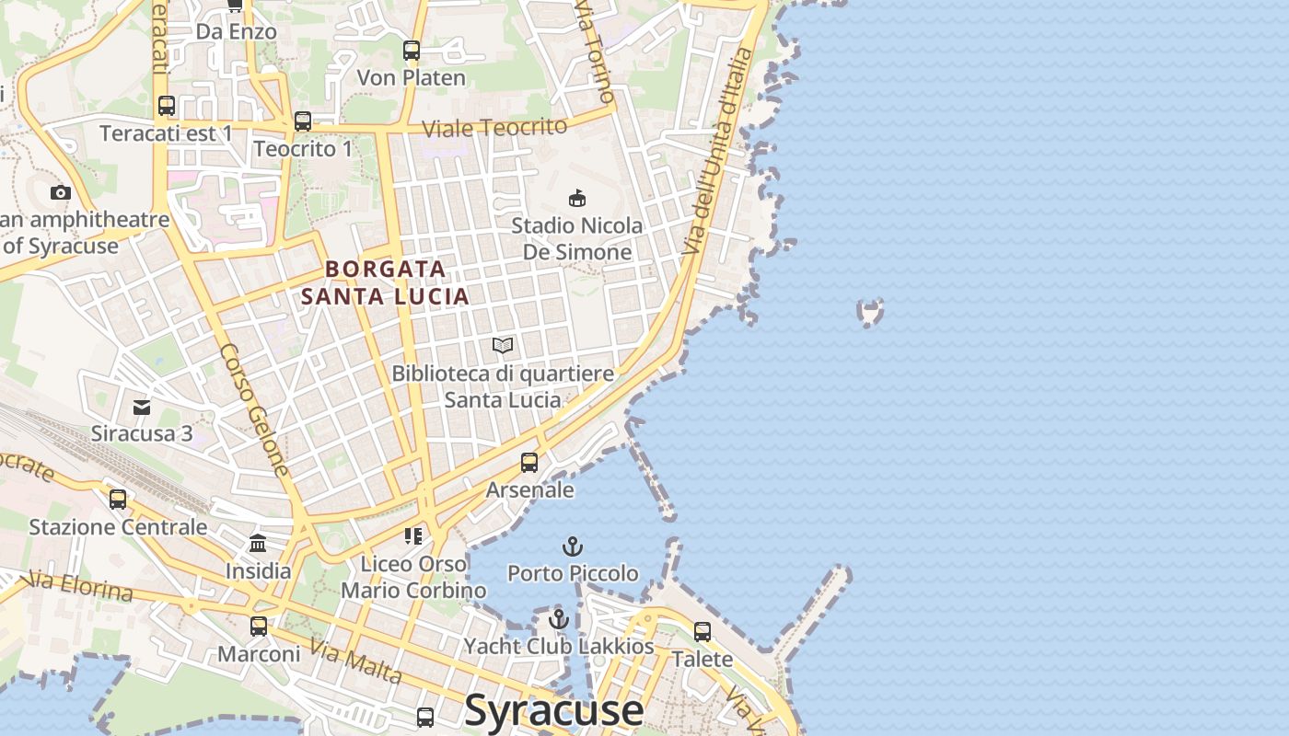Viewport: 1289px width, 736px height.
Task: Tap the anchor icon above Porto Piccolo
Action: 573,547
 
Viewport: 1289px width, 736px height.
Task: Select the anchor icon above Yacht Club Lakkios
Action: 558,619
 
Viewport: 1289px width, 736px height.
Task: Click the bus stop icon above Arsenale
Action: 529,463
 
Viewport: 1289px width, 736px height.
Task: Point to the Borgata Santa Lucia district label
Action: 386,282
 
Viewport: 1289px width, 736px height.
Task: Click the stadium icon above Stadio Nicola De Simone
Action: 577,198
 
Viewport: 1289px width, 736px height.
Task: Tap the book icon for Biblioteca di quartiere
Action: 503,346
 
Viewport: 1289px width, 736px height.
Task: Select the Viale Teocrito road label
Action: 494,128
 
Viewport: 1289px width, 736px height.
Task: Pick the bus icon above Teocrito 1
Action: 303,121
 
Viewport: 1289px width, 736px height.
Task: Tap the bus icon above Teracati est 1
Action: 167,106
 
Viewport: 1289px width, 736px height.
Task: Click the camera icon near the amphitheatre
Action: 61,192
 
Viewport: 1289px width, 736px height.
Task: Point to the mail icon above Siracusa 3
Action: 142,407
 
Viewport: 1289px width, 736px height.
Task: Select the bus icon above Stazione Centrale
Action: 118,500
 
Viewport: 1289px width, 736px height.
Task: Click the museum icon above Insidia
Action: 258,544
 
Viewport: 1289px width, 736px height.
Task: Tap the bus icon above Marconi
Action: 259,627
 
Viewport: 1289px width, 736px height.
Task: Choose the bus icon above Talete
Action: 703,632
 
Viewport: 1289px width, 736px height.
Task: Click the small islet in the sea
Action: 870,313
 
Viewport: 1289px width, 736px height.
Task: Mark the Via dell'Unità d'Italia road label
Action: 718,152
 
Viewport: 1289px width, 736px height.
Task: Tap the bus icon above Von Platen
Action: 412,51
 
